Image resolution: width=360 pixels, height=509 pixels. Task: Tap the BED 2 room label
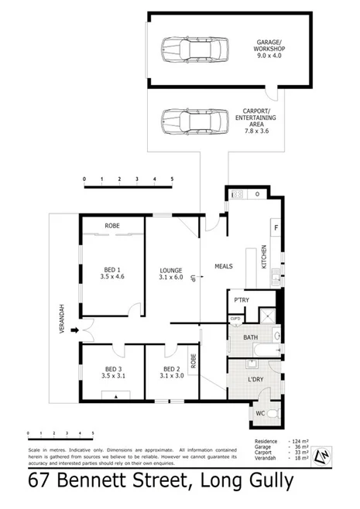172,372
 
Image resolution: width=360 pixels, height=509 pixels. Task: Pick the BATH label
249,337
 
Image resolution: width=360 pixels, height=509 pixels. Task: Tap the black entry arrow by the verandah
75,331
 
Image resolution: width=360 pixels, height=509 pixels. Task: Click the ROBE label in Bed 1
112,227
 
